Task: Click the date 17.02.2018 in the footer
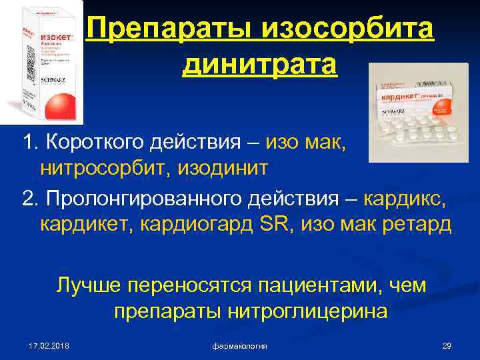[x=49, y=346]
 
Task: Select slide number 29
[x=447, y=346]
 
